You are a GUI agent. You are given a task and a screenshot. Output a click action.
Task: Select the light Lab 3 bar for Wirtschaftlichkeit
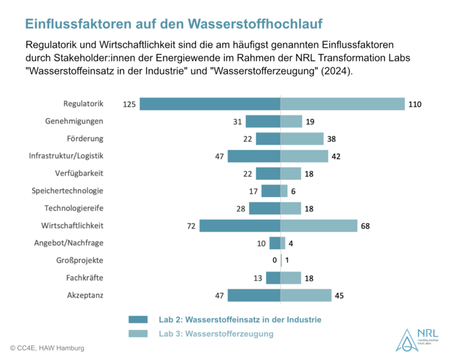(x=319, y=225)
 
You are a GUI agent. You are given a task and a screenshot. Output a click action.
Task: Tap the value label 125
(x=129, y=104)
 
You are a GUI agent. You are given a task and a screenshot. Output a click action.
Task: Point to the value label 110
(x=414, y=104)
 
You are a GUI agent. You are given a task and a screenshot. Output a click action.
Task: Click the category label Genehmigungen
(x=74, y=121)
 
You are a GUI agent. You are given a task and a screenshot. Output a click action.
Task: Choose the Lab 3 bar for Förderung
(x=302, y=138)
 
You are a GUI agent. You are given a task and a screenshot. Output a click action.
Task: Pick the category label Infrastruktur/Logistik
(x=67, y=156)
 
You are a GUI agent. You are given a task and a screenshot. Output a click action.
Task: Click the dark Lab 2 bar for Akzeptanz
(x=254, y=295)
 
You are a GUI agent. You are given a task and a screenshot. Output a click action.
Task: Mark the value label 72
(x=190, y=225)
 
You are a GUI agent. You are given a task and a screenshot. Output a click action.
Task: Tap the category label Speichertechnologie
(x=68, y=191)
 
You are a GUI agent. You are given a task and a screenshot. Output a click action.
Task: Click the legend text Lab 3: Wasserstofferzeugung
(x=216, y=334)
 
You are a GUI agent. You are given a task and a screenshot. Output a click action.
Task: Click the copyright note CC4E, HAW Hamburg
(x=47, y=347)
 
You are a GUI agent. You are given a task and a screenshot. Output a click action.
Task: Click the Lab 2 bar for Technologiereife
(x=264, y=208)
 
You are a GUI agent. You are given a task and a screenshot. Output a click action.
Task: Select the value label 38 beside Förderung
(x=333, y=138)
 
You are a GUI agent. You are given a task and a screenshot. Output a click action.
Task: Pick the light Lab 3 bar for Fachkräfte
(x=291, y=278)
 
